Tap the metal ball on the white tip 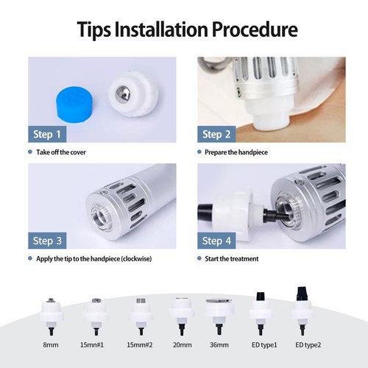pos(123,93)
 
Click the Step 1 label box pos(47,134)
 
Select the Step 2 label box pos(216,134)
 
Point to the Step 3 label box pos(47,241)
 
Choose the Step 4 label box pos(216,241)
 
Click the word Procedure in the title pos(255,29)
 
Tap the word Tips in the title pos(94,30)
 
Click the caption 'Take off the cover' pos(61,152)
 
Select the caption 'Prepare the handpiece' pos(236,152)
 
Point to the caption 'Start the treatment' pos(232,258)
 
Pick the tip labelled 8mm pos(51,316)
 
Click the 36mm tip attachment pos(219,316)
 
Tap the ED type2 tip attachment pos(302,311)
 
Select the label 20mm pos(182,345)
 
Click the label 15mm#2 pos(140,345)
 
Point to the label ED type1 pos(264,345)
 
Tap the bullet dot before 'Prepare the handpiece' pos(199,152)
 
